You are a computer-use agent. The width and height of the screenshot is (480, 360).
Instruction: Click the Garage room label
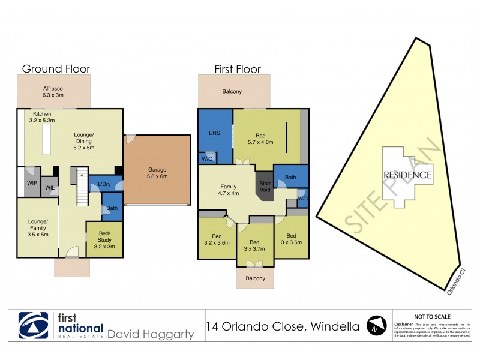[x=158, y=173]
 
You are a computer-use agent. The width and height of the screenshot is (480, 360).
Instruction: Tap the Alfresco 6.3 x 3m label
[x=53, y=92]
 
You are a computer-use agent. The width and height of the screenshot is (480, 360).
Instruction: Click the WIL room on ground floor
[x=49, y=188]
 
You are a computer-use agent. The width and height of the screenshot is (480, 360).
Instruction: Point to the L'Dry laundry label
[x=103, y=184]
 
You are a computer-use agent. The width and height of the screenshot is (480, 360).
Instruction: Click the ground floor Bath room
[x=112, y=209]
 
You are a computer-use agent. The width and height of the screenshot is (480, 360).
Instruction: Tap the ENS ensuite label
[x=215, y=134]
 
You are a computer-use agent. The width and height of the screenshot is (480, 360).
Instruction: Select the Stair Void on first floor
[x=265, y=186]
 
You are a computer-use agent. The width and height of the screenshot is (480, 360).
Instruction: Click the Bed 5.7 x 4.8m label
[x=260, y=138]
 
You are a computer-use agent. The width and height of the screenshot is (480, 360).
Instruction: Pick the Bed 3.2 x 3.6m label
[x=217, y=239]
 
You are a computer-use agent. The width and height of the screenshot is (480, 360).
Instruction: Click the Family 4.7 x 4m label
[x=227, y=190]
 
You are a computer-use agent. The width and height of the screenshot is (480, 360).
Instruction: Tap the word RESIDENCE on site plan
[x=408, y=175]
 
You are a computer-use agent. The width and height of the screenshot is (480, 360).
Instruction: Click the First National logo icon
[x=34, y=326]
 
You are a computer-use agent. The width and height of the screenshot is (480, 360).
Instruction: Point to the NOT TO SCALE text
[x=432, y=316]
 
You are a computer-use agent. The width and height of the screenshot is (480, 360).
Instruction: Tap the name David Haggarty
[x=151, y=334]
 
